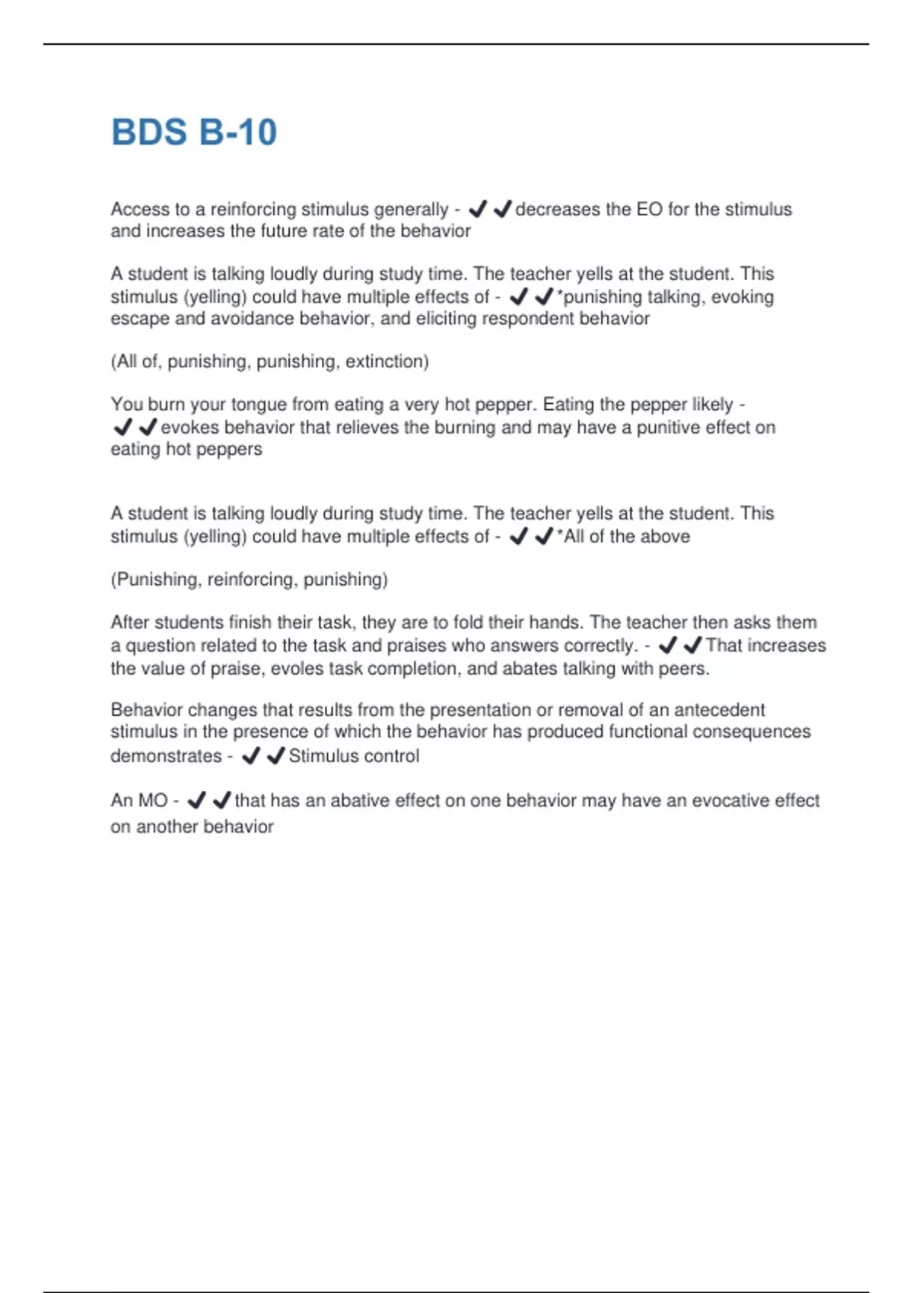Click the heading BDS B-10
194,132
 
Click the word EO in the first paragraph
649,209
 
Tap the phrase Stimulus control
354,756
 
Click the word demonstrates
166,756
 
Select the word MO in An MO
153,800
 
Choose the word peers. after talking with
685,669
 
